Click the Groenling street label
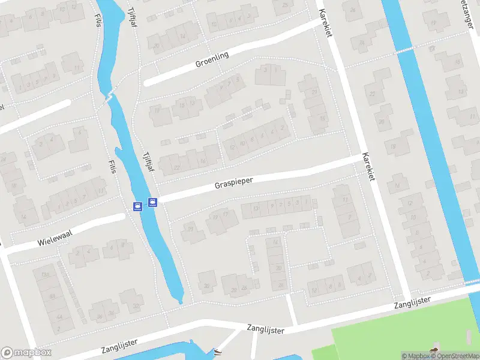(x=212, y=61)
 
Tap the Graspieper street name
(x=234, y=182)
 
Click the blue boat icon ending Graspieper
(x=152, y=202)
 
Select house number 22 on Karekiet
(x=372, y=94)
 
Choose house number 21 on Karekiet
(x=314, y=92)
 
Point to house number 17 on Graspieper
(x=226, y=214)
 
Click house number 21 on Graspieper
(x=190, y=229)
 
